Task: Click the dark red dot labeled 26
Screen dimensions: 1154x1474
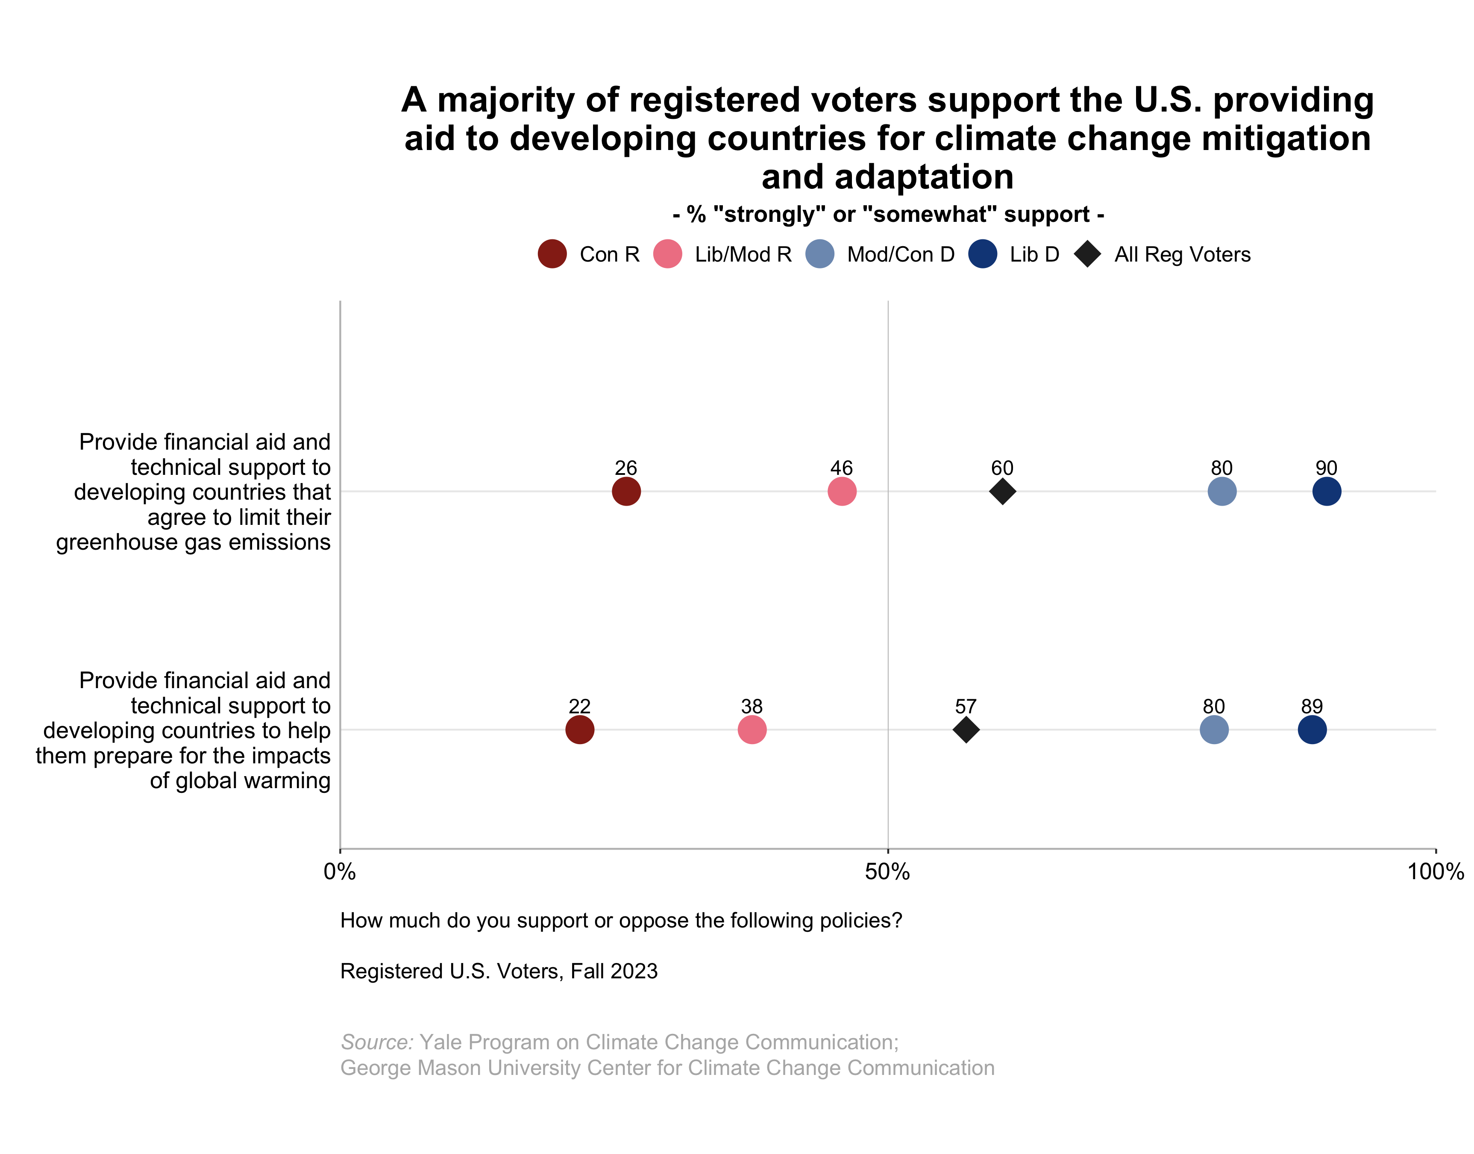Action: [x=626, y=491]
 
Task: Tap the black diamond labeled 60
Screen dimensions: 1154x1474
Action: [x=1002, y=491]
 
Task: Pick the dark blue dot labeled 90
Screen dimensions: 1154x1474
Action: [x=1326, y=491]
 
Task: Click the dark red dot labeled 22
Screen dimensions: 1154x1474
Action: [x=579, y=730]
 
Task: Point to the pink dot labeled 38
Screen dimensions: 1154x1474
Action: [x=752, y=730]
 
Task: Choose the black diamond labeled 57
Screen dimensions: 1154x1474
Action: [x=966, y=730]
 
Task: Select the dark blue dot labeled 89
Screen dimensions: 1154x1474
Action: [x=1311, y=730]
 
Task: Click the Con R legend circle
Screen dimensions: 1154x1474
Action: [x=552, y=254]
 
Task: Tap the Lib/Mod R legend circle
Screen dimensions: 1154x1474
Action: [x=667, y=254]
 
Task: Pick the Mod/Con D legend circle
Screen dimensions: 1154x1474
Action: [x=820, y=254]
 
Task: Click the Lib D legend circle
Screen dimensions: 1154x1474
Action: [x=982, y=254]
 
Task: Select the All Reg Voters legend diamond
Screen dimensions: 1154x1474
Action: [x=1087, y=254]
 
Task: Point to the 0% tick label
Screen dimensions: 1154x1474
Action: [x=340, y=871]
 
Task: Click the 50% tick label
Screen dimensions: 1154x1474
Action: [x=887, y=871]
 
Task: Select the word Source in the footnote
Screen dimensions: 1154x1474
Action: [x=376, y=1042]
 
